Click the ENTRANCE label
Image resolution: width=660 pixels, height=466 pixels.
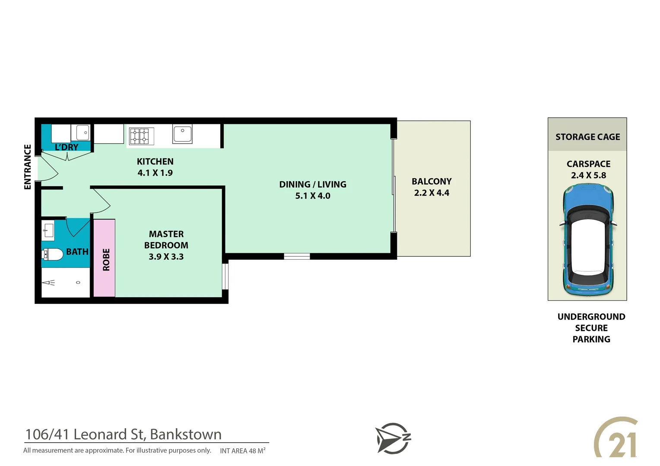coord(28,167)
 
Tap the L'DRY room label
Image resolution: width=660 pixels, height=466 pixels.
coord(67,147)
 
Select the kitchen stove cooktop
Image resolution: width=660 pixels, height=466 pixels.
coord(140,136)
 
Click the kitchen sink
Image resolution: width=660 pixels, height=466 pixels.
coord(182,134)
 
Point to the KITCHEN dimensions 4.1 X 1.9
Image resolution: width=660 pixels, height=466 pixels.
coord(155,173)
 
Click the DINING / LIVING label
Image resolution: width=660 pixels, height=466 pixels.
coord(313,184)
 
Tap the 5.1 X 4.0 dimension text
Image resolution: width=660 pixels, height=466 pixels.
coord(313,196)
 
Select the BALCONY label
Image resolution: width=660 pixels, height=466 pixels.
coord(432,182)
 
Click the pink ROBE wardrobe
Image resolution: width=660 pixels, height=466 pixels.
coord(105,259)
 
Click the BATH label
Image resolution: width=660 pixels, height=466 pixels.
coord(77,252)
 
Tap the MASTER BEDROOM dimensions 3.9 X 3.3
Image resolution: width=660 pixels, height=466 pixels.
coord(166,257)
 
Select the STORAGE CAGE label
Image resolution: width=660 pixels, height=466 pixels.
coord(587,137)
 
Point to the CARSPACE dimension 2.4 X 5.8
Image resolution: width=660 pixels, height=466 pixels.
coord(588,176)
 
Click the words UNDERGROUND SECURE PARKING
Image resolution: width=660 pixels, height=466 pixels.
coord(591,328)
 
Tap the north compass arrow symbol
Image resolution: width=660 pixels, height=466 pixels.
coord(392,438)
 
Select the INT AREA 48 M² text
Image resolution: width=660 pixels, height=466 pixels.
coord(242,451)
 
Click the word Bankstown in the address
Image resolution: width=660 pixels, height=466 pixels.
coord(186,434)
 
